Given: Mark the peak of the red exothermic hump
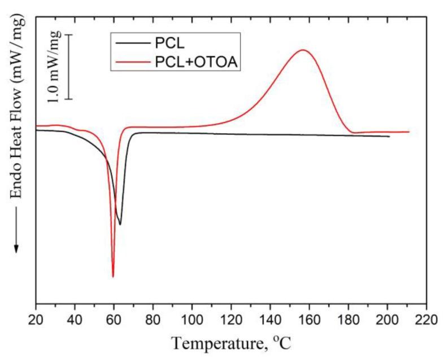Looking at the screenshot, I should (x=303, y=50).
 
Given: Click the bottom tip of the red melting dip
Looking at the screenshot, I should (x=113, y=276).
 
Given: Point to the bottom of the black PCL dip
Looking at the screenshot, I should (x=120, y=225).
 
